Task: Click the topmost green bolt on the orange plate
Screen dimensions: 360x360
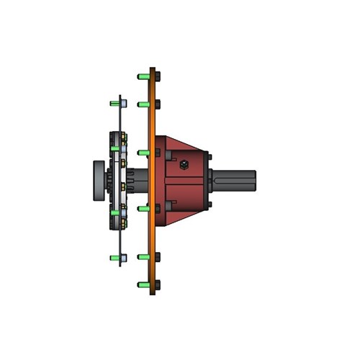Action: point(143,75)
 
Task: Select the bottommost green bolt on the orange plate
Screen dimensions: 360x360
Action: point(143,285)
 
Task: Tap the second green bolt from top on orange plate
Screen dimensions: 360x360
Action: point(143,104)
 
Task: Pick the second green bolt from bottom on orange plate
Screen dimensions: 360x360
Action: point(143,256)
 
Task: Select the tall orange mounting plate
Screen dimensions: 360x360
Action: point(152,230)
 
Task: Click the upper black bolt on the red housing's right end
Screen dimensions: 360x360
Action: point(209,156)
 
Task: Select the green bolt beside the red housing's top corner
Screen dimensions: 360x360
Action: point(143,153)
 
